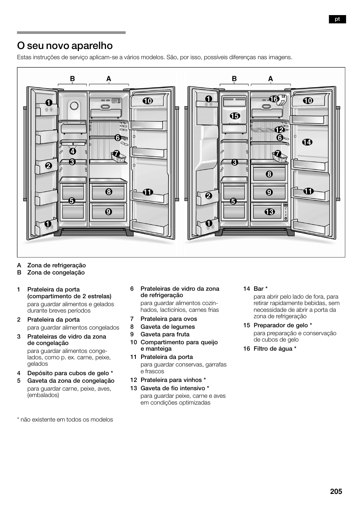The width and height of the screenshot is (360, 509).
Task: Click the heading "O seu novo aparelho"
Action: click(65, 46)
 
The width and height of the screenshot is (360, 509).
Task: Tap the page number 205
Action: click(335, 491)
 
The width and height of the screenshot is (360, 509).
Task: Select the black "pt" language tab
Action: click(337, 19)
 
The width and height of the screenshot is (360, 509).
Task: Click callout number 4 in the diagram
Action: click(72, 152)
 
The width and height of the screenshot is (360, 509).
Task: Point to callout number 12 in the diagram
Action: click(279, 130)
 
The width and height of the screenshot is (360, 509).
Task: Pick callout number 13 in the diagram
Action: click(269, 212)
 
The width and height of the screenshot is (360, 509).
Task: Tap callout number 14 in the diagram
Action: click(307, 142)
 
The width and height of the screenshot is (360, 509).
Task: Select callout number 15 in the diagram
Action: click(235, 116)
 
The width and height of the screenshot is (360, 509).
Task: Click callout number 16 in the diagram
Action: click(274, 99)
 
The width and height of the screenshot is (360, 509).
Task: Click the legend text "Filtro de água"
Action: click(273, 349)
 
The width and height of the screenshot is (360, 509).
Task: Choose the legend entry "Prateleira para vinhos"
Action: click(171, 380)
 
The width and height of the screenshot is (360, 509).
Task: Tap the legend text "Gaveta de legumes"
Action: click(168, 327)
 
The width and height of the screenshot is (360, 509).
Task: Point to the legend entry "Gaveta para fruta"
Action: click(165, 334)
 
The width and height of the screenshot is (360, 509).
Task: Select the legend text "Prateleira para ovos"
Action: click(169, 319)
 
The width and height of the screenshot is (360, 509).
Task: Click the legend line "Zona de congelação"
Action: click(56, 273)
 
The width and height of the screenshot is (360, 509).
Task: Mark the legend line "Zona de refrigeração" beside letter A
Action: click(56, 265)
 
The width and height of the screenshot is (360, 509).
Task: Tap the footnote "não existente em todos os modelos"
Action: click(66, 420)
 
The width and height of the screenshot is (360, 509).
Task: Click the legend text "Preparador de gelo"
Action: click(280, 325)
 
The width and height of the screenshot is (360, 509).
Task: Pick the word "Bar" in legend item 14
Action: click(258, 289)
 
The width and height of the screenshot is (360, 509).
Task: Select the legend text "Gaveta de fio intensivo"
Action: click(172, 388)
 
